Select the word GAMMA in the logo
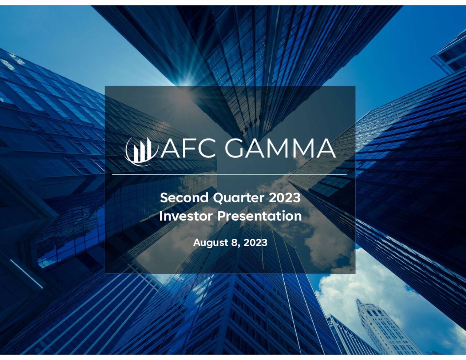point(280,148)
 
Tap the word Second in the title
point(184,198)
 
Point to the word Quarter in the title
point(238,198)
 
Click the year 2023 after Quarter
point(285,198)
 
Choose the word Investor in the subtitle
point(186,216)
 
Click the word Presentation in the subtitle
point(260,216)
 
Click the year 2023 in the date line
point(255,242)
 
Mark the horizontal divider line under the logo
point(229,175)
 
